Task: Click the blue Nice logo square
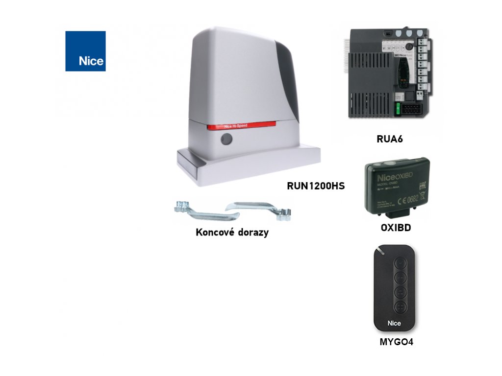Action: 85,51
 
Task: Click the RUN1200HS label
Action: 316,186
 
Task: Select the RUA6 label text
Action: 389,139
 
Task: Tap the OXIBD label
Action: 395,228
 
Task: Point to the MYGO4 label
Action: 396,342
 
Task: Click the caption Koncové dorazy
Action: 232,233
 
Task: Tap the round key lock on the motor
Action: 226,140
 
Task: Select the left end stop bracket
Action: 198,211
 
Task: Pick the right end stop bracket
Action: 260,208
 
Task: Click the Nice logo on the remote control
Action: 394,323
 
